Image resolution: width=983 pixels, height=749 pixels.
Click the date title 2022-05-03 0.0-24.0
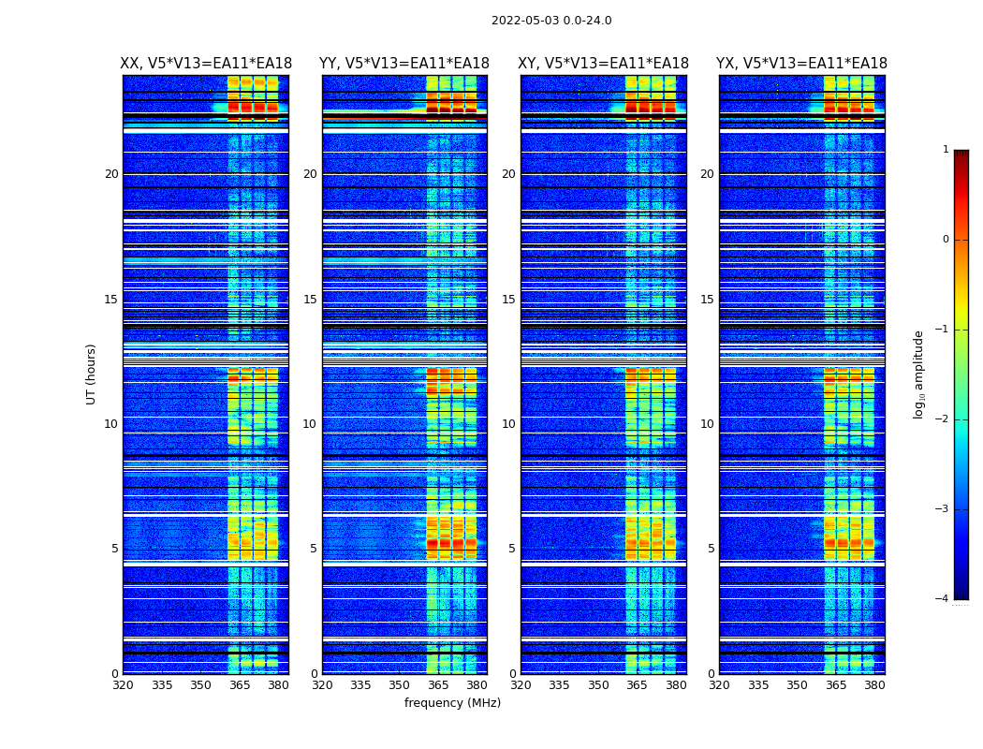551,21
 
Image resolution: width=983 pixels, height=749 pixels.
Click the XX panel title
206,64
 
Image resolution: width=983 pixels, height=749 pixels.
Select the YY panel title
404,64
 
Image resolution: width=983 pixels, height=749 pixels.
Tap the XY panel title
604,64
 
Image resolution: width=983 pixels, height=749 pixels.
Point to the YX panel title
802,64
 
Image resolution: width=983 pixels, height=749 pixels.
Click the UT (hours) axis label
92,374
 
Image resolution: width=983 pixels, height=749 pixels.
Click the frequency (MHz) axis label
452,703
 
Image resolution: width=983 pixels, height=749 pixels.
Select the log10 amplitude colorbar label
919,374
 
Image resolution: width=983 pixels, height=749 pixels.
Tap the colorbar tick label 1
945,150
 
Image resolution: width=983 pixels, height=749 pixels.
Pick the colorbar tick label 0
945,240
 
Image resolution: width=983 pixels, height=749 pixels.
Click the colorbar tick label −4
943,599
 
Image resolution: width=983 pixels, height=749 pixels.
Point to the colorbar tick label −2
943,419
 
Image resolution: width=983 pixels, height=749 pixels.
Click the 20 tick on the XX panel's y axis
111,174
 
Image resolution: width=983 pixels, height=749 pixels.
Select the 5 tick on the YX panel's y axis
712,549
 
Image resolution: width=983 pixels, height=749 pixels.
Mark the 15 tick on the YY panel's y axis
310,300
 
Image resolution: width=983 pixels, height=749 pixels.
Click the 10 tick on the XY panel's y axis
508,424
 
